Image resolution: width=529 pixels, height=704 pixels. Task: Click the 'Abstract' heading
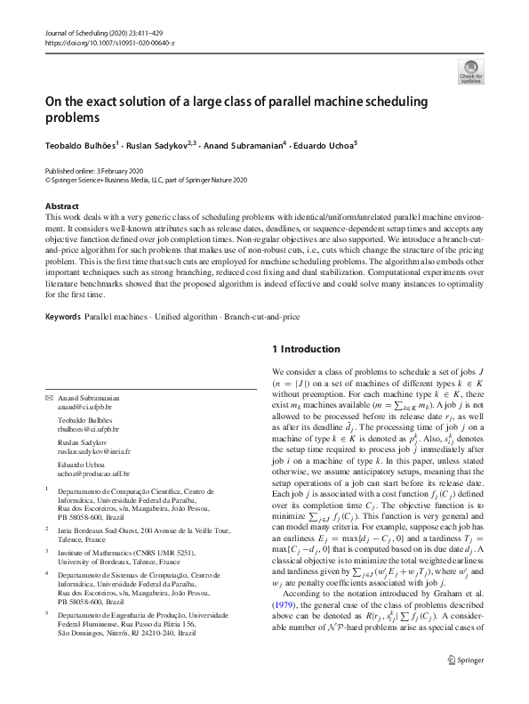tap(61, 206)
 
